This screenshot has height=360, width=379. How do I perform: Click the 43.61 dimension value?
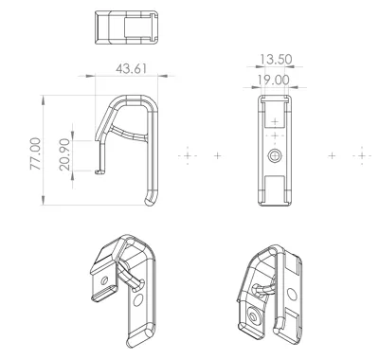pyautogui.click(x=131, y=69)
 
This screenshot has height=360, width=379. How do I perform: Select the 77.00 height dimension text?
pyautogui.click(x=35, y=153)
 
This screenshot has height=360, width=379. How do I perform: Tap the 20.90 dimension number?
pyautogui.click(x=64, y=154)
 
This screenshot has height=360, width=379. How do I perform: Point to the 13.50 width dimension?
pyautogui.click(x=276, y=60)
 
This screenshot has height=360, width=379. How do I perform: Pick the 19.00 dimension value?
pyautogui.click(x=273, y=80)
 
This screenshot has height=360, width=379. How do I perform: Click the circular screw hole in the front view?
pyautogui.click(x=275, y=155)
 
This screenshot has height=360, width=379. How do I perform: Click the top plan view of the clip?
pyautogui.click(x=126, y=27)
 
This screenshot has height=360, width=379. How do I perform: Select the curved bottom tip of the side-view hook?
pyautogui.click(x=151, y=198)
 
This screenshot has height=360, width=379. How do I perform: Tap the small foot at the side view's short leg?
pyautogui.click(x=99, y=171)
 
